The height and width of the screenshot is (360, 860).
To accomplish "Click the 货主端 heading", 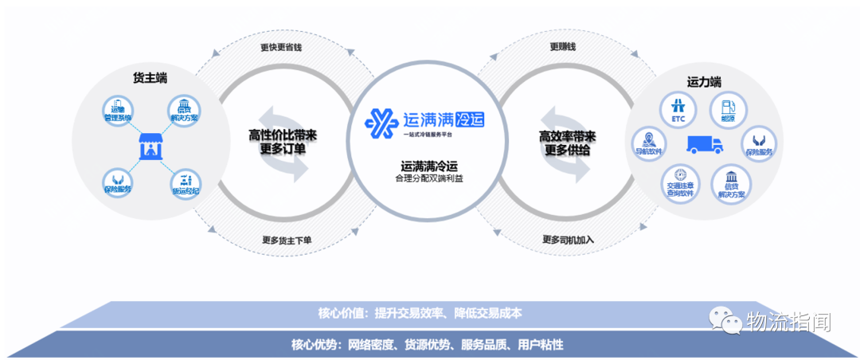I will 150,77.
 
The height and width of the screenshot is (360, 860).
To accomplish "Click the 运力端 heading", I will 704,81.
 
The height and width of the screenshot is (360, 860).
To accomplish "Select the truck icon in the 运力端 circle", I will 705,144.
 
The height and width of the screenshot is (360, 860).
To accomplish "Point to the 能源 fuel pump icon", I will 726,110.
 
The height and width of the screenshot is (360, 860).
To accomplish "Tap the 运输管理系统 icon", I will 118,111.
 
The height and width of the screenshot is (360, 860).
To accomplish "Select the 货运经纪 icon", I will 185,182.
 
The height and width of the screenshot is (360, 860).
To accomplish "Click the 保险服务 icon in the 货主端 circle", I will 118,182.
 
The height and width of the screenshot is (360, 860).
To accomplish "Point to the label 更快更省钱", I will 280,47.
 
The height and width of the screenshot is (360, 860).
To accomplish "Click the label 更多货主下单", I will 287,240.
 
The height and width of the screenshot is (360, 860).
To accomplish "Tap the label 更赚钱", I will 562,47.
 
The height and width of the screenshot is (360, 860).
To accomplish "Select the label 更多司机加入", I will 568,240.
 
